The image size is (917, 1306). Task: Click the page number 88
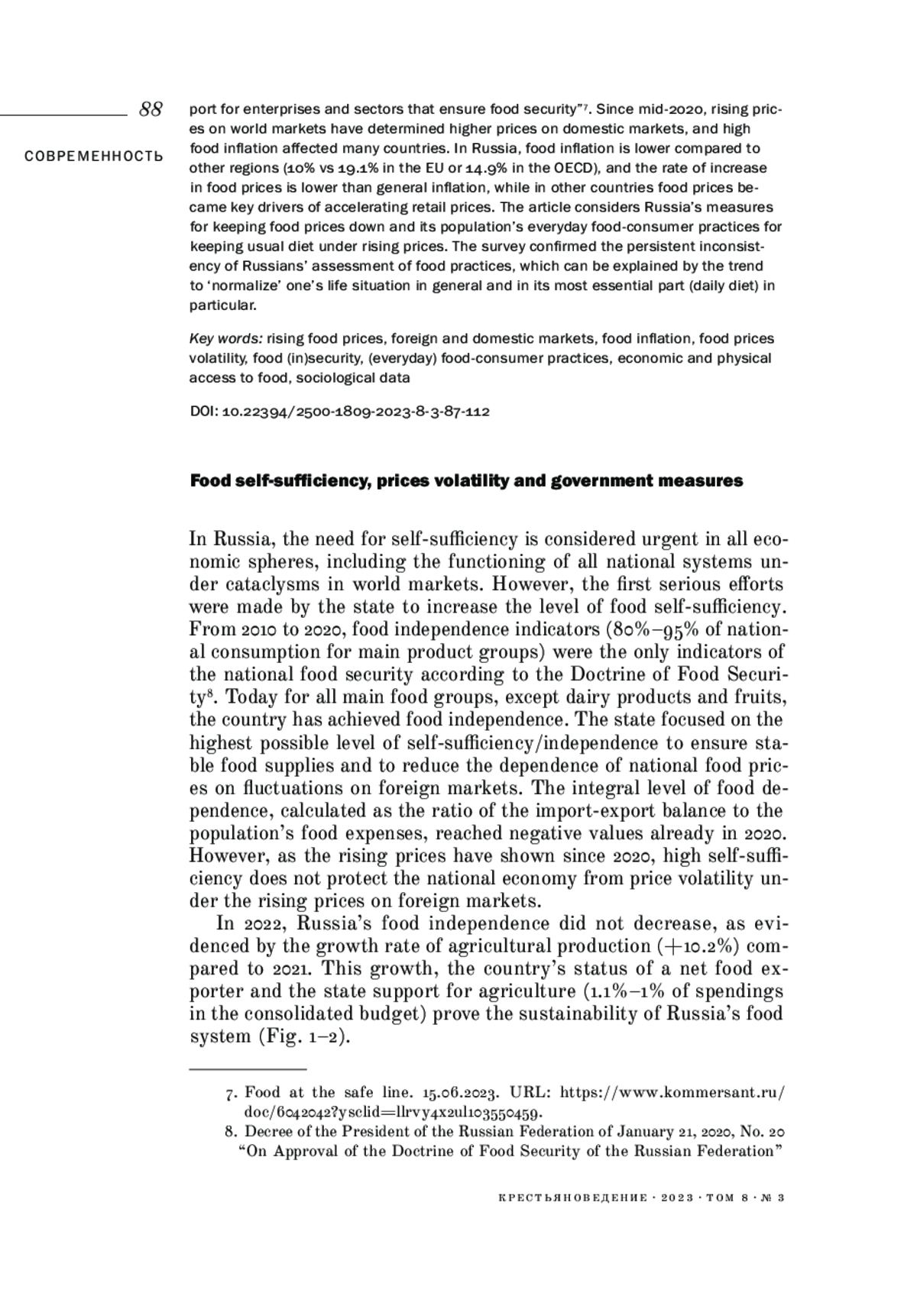point(151,109)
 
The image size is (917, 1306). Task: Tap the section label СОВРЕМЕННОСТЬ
point(93,157)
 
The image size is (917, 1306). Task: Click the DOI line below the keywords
point(339,412)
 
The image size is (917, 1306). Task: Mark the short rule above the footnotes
point(248,1068)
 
